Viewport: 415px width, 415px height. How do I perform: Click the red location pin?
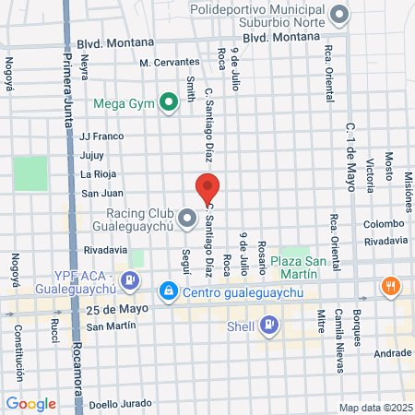pos(208,187)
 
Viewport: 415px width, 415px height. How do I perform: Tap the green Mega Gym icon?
pos(169,102)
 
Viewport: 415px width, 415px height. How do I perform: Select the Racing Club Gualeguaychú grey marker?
pos(188,219)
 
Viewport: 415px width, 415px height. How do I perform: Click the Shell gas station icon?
pos(268,324)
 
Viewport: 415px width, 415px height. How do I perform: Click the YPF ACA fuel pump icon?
pos(132,279)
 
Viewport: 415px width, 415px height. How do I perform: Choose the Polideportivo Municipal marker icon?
pos(340,14)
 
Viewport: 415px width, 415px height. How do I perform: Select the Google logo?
pos(30,403)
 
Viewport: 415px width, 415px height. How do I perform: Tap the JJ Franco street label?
pos(101,136)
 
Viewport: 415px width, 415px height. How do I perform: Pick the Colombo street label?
pos(383,223)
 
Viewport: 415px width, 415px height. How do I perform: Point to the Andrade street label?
pos(393,352)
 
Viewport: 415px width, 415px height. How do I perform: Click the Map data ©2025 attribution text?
pos(374,408)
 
